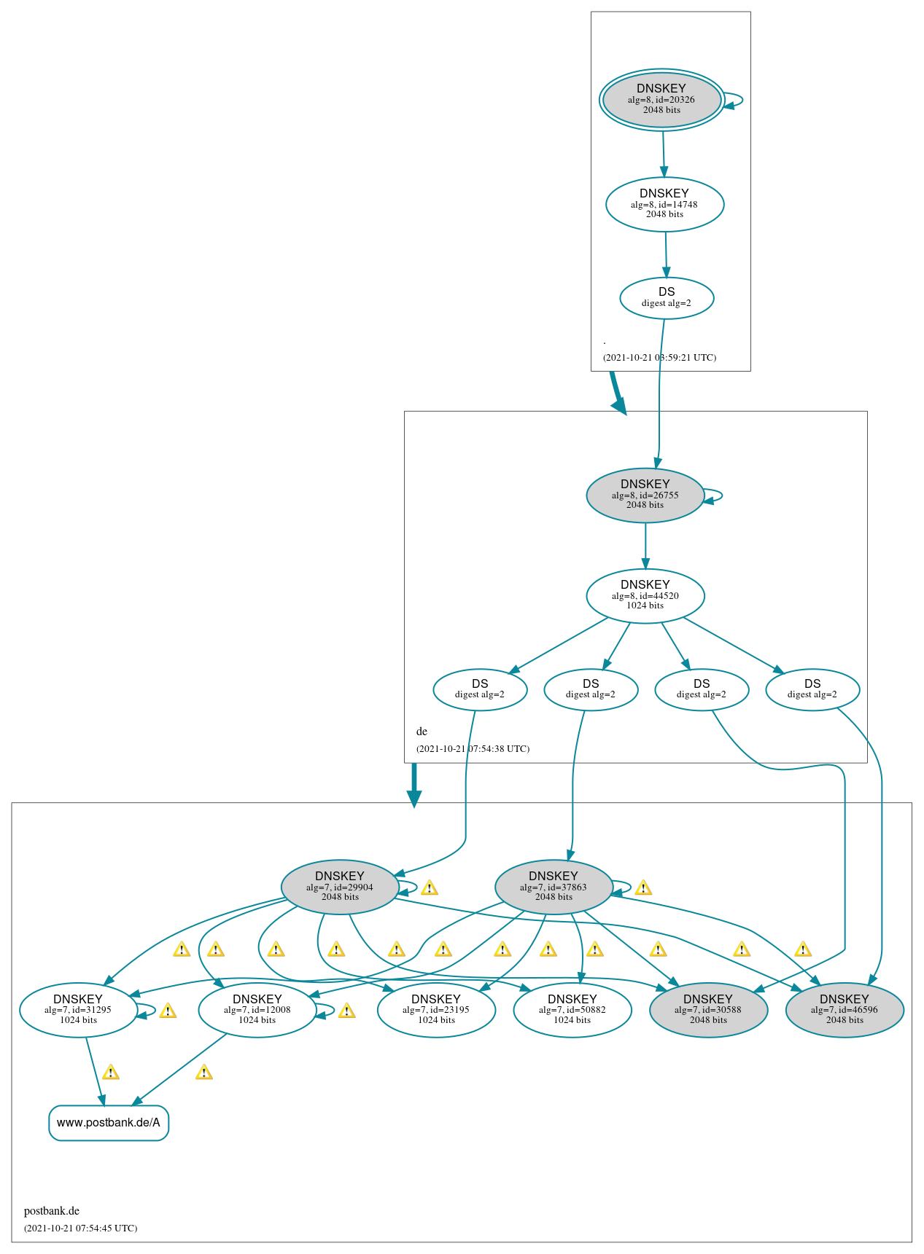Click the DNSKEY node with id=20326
point(661,100)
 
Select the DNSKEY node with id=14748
point(664,204)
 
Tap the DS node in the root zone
point(667,297)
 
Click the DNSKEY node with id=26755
point(645,495)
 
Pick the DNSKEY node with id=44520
point(645,595)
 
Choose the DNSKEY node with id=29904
point(340,887)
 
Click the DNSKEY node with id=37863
point(554,887)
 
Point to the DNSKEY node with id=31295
point(78,1010)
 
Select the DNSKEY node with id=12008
point(257,1010)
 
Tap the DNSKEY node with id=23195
point(436,1010)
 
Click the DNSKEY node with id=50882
point(572,1010)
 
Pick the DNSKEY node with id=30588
point(708,1010)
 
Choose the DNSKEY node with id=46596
point(845,1010)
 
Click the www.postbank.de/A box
point(109,1123)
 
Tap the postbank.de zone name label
point(52,1211)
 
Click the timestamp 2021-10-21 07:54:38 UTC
point(473,749)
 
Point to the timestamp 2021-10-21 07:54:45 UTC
point(80,1228)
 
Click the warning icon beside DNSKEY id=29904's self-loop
point(430,887)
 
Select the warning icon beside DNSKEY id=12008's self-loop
point(347,1011)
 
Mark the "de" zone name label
point(422,732)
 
